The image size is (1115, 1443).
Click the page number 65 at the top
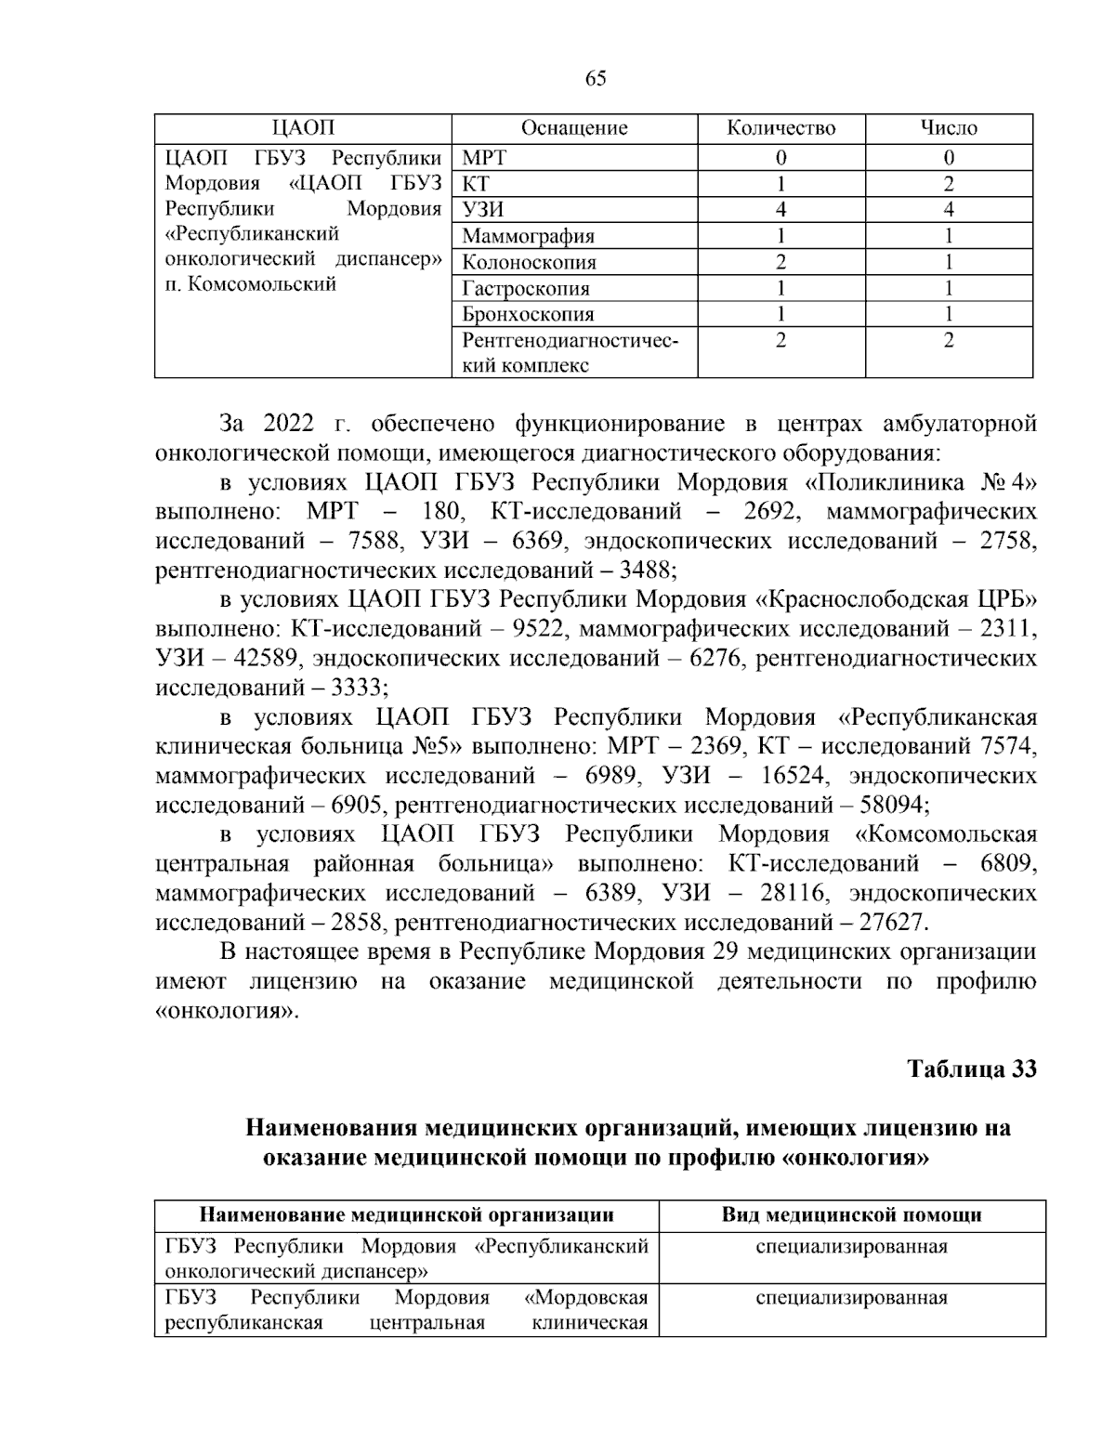pyautogui.click(x=596, y=79)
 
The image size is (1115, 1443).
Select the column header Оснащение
pyautogui.click(x=574, y=128)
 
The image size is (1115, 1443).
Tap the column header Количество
pyautogui.click(x=780, y=128)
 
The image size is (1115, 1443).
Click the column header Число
pyautogui.click(x=948, y=128)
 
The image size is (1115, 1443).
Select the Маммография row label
pyautogui.click(x=528, y=236)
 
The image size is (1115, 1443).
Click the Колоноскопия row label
pyautogui.click(x=530, y=262)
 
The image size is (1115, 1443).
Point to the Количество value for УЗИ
pyautogui.click(x=780, y=210)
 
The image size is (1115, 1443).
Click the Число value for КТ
pyautogui.click(x=948, y=184)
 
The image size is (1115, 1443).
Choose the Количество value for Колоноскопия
pyautogui.click(x=780, y=262)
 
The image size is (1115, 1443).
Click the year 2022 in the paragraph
pyautogui.click(x=289, y=425)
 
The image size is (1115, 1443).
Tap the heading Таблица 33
pyautogui.click(x=971, y=1069)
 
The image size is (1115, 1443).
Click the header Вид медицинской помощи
pyautogui.click(x=851, y=1214)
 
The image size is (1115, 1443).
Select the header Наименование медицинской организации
pyautogui.click(x=407, y=1214)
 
